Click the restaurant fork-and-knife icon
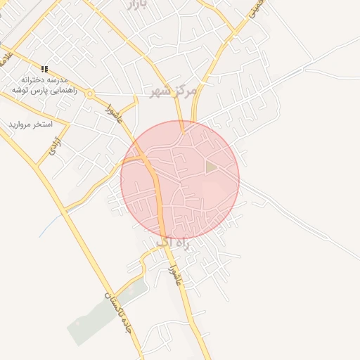pos(45,69)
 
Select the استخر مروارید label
pos(31,124)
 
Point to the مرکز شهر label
pos(171,91)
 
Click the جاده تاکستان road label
pos(117,310)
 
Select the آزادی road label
pos(53,146)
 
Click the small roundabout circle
pos(90,93)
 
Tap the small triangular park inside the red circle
pos(211,166)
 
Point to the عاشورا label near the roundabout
pos(115,112)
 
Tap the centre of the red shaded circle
pos(180,180)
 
